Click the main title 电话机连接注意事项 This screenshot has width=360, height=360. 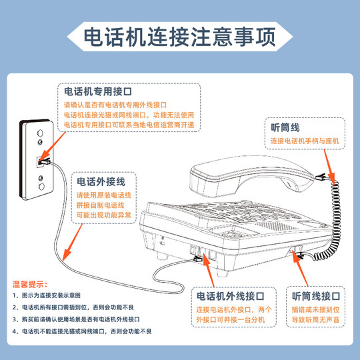179,37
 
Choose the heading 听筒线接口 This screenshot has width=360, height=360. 317,295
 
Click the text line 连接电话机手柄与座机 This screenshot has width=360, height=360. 305,141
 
